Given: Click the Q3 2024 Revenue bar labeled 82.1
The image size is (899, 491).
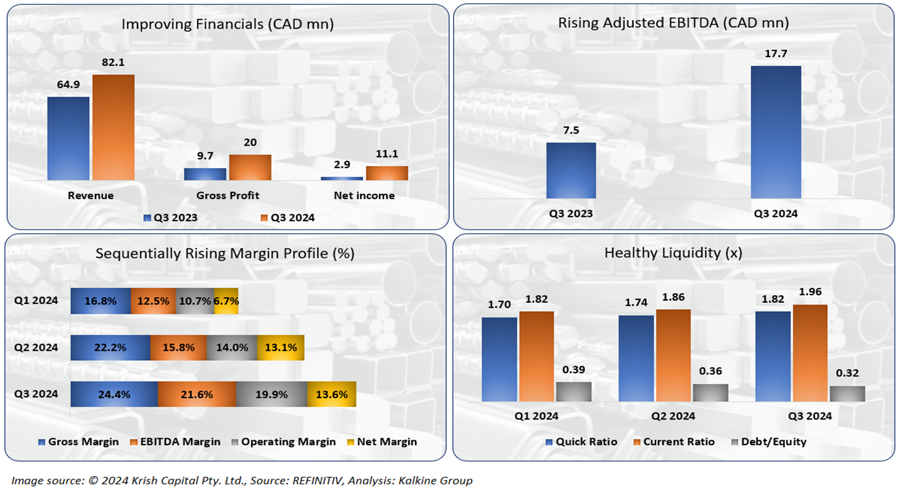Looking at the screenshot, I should click(113, 127).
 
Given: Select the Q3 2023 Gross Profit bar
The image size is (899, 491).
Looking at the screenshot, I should click(205, 174).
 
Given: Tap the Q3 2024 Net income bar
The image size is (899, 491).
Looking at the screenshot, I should click(387, 173).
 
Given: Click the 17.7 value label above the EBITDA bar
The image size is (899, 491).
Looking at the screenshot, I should click(776, 55).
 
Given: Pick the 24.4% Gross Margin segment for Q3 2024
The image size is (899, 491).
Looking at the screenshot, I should click(114, 394).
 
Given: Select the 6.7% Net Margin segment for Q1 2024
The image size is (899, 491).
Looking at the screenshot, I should click(226, 301).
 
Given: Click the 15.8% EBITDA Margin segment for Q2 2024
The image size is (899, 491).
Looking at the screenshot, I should click(178, 348).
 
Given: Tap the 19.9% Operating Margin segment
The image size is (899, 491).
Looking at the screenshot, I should click(271, 394).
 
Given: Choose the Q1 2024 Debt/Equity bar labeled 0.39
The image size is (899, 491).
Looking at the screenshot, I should click(574, 392).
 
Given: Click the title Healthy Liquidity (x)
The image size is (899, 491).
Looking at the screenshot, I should click(673, 252).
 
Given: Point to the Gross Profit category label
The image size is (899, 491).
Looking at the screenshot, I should click(227, 195).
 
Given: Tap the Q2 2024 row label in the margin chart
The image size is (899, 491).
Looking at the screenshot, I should click(36, 348).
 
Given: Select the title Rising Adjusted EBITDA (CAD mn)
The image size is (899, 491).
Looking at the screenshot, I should click(673, 24).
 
